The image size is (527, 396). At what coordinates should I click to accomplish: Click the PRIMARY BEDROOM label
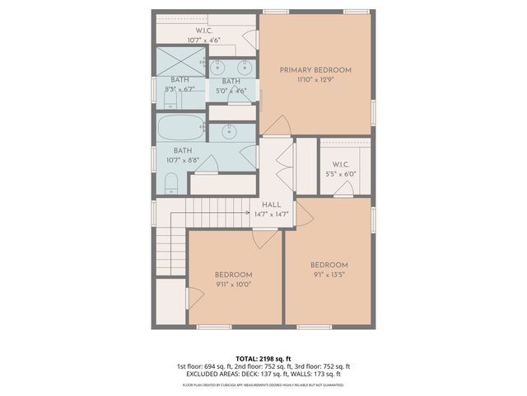[315, 70]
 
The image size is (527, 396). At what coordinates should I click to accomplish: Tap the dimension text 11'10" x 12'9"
[315, 81]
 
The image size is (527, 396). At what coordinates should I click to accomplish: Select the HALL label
[271, 205]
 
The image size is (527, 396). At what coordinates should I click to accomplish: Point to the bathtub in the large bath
[181, 128]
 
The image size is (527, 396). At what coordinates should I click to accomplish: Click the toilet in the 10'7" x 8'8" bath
[170, 182]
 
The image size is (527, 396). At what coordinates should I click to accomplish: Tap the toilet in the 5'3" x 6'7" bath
[170, 99]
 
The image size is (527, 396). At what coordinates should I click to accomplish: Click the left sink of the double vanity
[220, 66]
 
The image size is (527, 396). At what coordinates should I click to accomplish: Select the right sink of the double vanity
[245, 66]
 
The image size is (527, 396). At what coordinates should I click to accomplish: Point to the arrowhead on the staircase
[248, 214]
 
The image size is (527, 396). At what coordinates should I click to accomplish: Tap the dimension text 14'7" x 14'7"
[271, 214]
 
